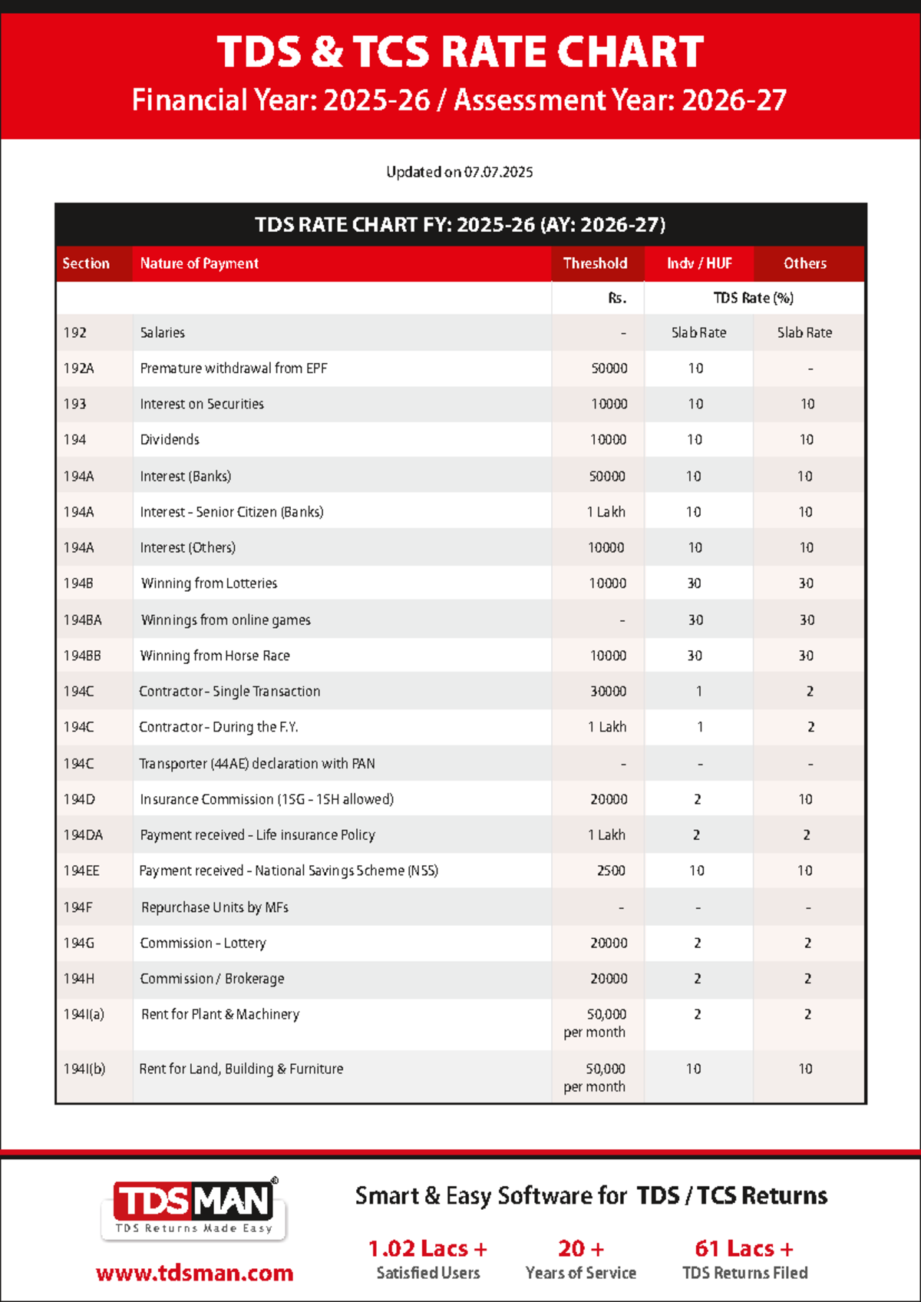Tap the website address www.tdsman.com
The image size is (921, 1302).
tap(194, 1273)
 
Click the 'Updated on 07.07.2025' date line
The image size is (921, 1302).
tap(459, 172)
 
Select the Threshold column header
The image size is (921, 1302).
tap(595, 263)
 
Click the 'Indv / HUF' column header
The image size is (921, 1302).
tap(698, 263)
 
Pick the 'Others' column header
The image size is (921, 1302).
tap(804, 263)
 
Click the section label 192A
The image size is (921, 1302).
tap(78, 368)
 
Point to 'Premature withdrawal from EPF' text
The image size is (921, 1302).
tap(233, 368)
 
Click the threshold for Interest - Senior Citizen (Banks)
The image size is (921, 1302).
tap(606, 512)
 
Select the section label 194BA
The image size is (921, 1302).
tap(82, 620)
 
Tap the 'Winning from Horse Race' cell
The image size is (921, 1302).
tap(215, 656)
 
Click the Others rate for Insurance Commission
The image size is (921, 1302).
tap(805, 799)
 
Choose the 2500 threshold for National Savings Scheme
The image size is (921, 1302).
tap(611, 871)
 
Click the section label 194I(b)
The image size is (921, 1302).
tap(84, 1069)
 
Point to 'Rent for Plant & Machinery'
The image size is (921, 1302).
tap(220, 1014)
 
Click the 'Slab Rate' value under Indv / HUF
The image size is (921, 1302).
tap(698, 332)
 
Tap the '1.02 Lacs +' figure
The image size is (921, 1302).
tap(427, 1249)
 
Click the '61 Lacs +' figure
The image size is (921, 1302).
tap(744, 1249)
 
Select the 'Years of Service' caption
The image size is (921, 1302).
tap(580, 1273)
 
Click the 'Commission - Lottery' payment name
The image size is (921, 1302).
tap(203, 943)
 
